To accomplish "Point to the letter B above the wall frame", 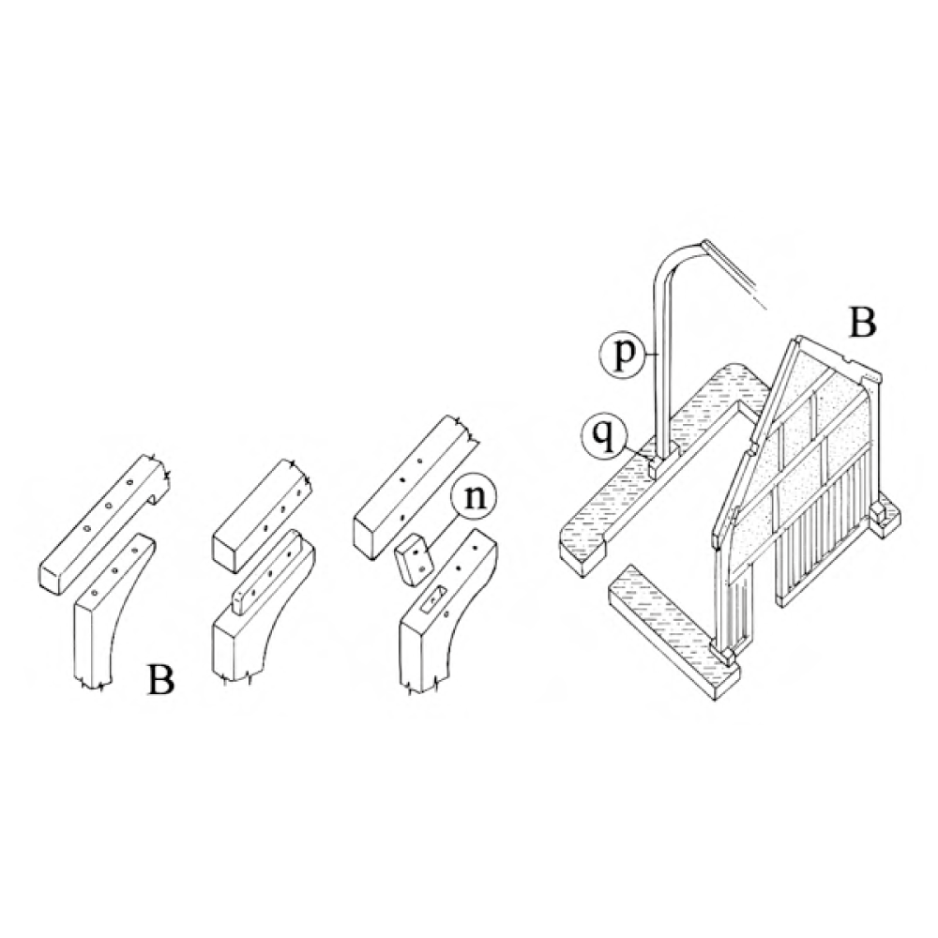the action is [x=861, y=322].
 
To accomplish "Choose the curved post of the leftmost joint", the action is [x=113, y=612].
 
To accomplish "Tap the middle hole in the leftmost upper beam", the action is [x=109, y=506].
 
